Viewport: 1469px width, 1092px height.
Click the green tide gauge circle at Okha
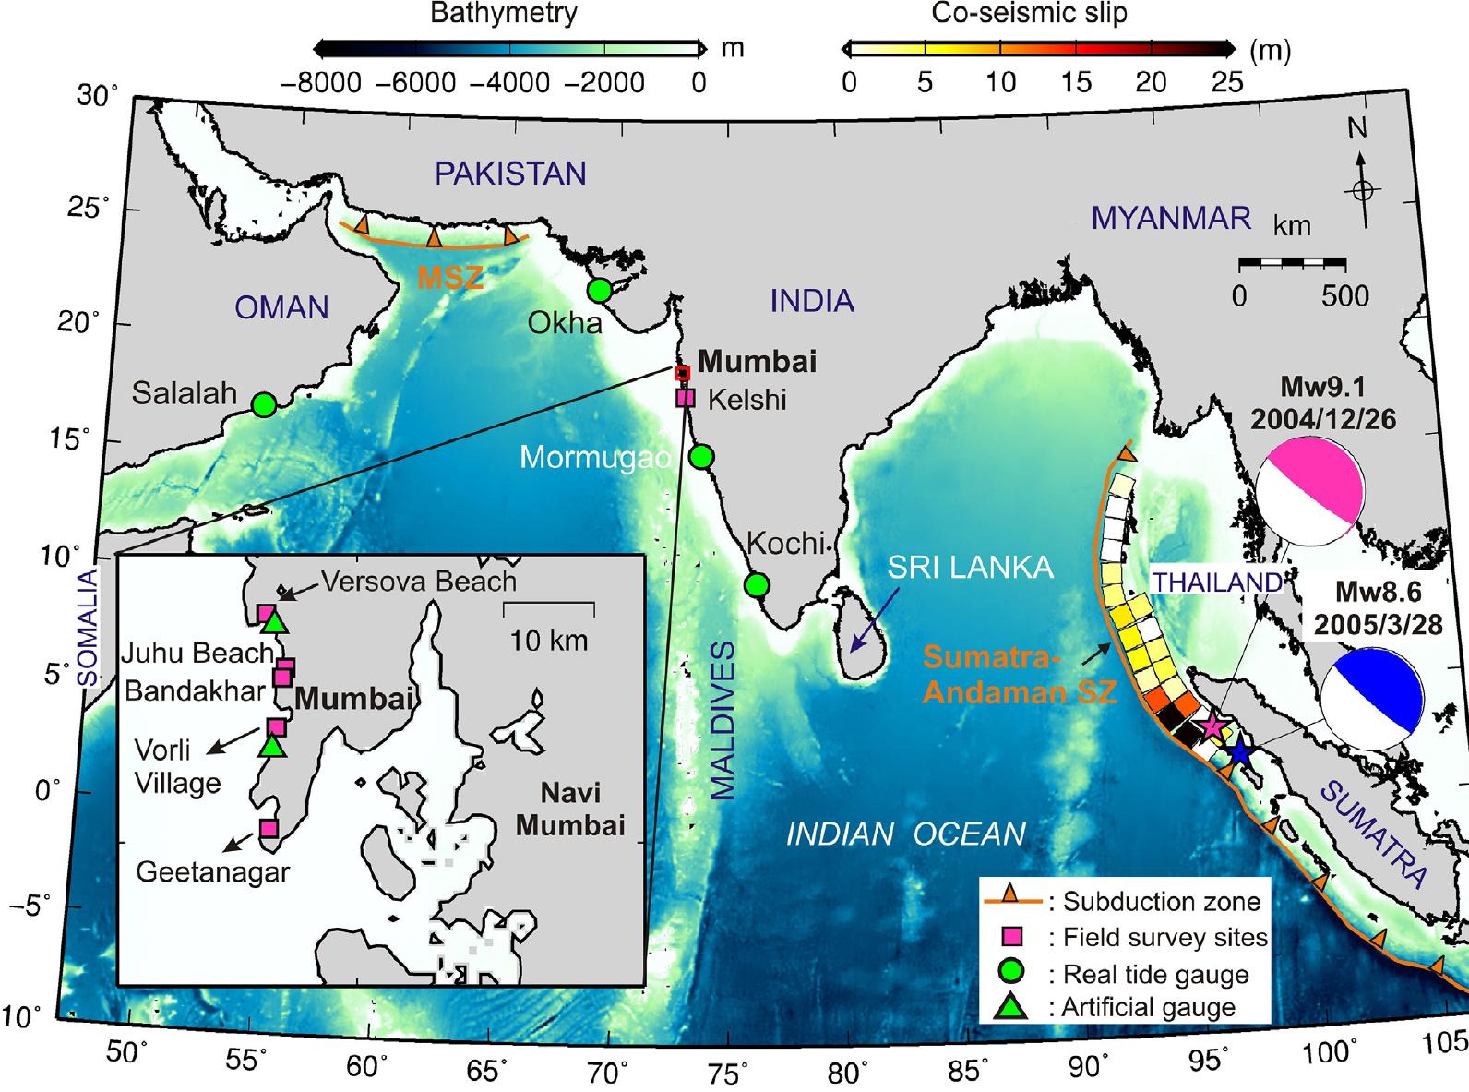coord(600,290)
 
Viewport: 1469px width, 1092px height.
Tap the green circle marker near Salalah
coord(264,404)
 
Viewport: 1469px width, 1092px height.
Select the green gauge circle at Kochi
coord(757,585)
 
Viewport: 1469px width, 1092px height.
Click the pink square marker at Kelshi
coord(685,398)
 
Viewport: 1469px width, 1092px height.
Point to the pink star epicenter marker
coord(1212,727)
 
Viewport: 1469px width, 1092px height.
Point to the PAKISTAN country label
coord(510,174)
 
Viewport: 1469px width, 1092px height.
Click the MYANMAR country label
coord(1171,218)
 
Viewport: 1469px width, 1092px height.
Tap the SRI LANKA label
coord(970,567)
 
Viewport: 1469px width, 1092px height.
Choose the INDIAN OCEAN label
coord(905,834)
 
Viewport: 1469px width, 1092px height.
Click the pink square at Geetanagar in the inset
coord(269,828)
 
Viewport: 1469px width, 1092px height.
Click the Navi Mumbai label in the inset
coord(569,808)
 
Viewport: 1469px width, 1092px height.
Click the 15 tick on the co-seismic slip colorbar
coord(1075,82)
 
